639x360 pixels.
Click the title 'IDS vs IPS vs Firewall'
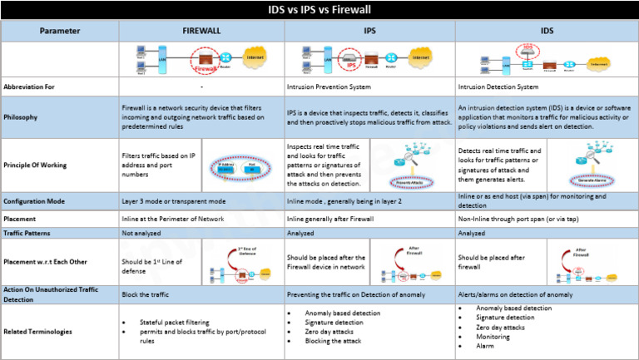tap(319, 10)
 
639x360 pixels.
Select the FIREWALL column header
tap(202, 31)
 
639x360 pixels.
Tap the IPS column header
tap(369, 31)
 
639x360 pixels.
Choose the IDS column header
tap(547, 31)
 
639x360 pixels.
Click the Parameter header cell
tap(60, 31)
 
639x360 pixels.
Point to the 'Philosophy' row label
tap(22, 117)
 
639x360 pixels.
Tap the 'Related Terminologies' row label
tap(40, 332)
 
